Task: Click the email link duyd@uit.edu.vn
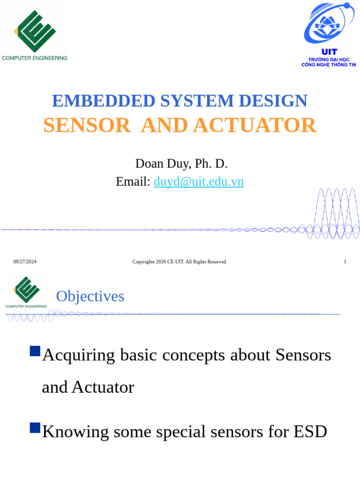click(x=199, y=182)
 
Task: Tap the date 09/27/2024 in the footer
click(x=25, y=262)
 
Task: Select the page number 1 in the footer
click(x=345, y=262)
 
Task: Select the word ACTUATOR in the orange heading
click(x=255, y=125)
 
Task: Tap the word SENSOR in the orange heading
click(x=87, y=125)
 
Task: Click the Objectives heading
click(x=90, y=296)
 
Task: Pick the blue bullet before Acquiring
click(x=35, y=351)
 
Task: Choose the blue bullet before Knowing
click(x=35, y=427)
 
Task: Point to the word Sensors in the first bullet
click(x=303, y=355)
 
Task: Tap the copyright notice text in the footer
click(x=180, y=262)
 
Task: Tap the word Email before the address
click(x=133, y=182)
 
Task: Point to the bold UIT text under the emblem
click(x=329, y=52)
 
